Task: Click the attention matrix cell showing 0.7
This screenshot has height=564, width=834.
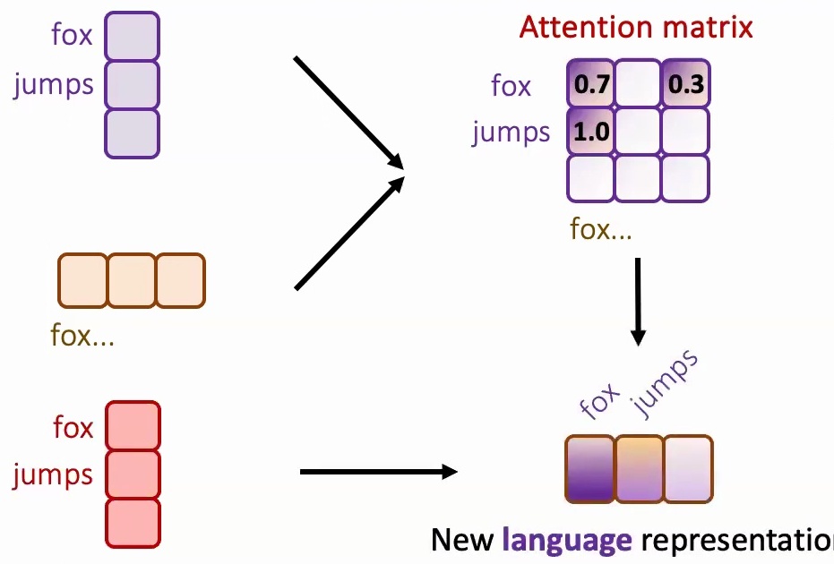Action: (x=589, y=85)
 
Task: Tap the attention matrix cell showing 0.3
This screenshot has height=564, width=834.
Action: (x=685, y=85)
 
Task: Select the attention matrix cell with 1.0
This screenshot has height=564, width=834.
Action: (x=589, y=132)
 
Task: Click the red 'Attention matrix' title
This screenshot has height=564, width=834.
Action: (x=636, y=27)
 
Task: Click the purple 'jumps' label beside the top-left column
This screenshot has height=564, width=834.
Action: (x=54, y=85)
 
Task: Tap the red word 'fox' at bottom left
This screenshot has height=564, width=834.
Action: (x=73, y=427)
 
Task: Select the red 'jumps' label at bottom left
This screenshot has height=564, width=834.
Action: (x=54, y=474)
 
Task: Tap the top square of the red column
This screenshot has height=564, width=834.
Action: (x=133, y=426)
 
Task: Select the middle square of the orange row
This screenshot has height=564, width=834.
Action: (x=132, y=280)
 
